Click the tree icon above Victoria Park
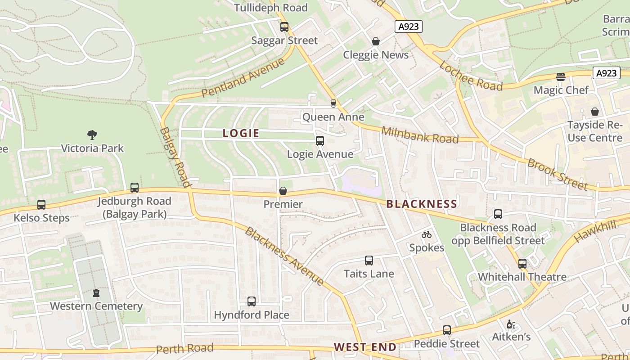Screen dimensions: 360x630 [x=92, y=135]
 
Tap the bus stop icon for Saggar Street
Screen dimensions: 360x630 [x=284, y=27]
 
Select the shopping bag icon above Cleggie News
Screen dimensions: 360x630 [x=376, y=41]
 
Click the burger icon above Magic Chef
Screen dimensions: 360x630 [x=560, y=76]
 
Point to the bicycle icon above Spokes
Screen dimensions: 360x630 [x=427, y=234]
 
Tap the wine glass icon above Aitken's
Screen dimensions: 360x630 [x=511, y=324]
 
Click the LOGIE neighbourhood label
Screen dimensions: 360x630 [x=241, y=133]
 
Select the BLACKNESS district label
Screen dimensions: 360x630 [x=422, y=204]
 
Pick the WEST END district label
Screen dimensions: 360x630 [x=365, y=347]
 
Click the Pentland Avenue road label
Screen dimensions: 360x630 [x=243, y=77]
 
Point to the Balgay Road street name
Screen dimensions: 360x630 [x=175, y=157]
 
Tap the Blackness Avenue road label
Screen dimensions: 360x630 [x=284, y=256]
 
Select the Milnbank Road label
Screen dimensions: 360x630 [x=420, y=135]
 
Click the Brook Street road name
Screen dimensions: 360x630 [x=558, y=174]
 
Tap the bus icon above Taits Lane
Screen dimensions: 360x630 [x=369, y=261]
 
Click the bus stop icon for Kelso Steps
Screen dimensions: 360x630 [x=41, y=205]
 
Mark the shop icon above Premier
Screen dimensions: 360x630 [x=283, y=191]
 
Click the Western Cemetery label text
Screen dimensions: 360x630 [x=96, y=306]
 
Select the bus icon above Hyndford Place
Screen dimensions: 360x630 [x=252, y=301]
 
